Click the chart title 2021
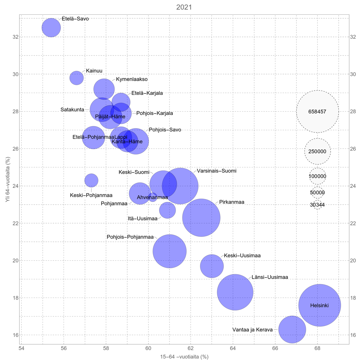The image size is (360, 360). pos(184,7)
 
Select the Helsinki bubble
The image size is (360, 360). pos(319,305)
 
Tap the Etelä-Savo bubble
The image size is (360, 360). pos(51,28)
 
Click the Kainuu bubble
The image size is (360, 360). pos(76,78)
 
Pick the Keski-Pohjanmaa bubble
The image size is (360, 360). pos(91,180)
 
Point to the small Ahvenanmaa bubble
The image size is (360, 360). pos(153,197)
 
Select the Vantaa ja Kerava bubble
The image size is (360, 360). pos(292,329)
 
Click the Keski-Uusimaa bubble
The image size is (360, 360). pos(212,266)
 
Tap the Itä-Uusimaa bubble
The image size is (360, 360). pos(167,210)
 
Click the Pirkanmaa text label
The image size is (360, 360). pos(232,202)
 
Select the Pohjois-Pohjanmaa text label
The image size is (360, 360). pos(130,237)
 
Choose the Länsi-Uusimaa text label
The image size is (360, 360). pos(270,277)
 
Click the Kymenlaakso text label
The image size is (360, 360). pos(132,79)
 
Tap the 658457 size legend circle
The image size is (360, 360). pos(317,112)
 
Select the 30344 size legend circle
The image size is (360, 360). pos(317,205)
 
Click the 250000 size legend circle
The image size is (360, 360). pos(317,151)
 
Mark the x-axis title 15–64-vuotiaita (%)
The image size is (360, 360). pos(184,357)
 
